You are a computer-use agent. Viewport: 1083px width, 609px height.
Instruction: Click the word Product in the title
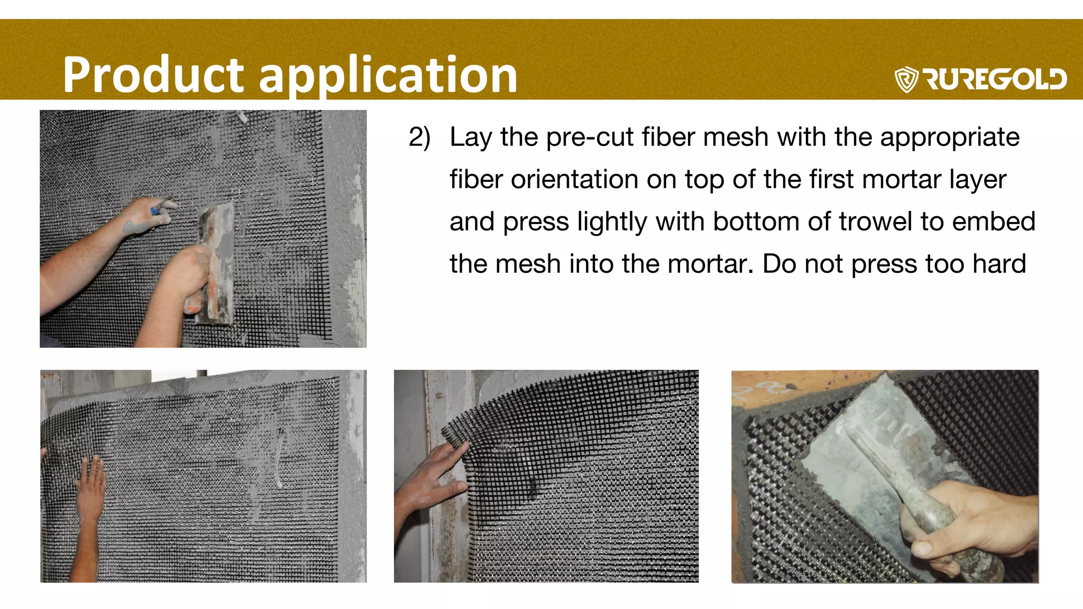[x=153, y=75]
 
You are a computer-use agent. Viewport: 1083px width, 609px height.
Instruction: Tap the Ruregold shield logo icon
[x=906, y=79]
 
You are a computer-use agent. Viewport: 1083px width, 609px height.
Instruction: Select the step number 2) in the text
[x=419, y=137]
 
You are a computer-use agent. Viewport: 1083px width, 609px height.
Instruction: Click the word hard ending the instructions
[x=999, y=264]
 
